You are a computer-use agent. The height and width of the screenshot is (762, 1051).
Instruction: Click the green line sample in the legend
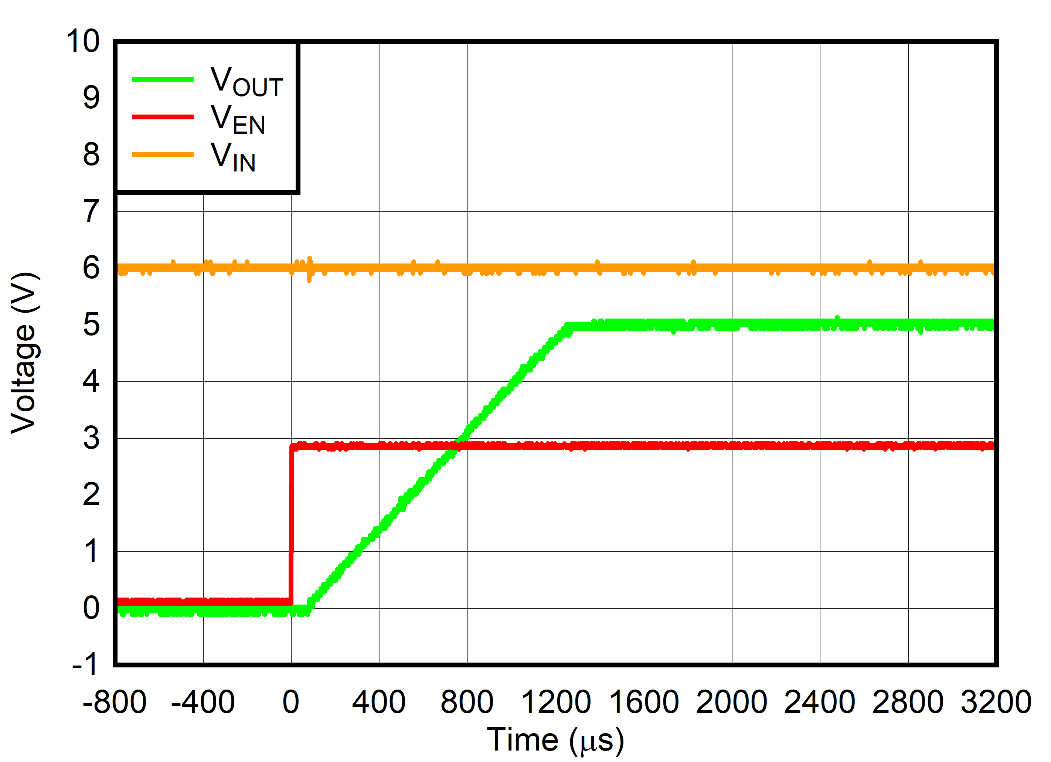click(162, 79)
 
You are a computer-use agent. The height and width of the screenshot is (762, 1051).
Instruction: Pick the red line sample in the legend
click(162, 117)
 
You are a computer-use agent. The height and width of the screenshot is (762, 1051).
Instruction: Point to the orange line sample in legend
click(162, 155)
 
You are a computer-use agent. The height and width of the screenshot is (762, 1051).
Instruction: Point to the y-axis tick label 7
click(91, 211)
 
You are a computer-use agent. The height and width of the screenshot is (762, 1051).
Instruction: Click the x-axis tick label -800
click(115, 702)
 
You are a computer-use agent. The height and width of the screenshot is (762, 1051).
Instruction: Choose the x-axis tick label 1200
click(556, 702)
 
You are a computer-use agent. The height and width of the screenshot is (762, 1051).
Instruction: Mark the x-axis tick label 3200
click(996, 702)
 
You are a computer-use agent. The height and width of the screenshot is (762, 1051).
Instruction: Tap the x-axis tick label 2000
click(732, 702)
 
